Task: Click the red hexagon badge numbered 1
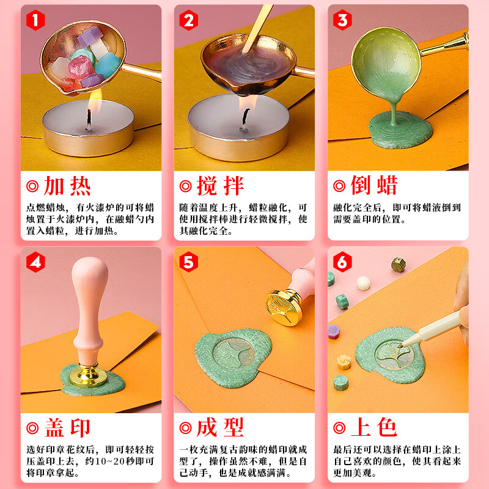click(x=35, y=20)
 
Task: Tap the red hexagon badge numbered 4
click(x=35, y=262)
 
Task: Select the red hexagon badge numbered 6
click(x=342, y=262)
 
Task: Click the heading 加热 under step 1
click(x=67, y=186)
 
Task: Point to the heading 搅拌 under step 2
click(x=220, y=186)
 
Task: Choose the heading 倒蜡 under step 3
click(x=374, y=185)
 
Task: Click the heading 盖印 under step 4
click(x=67, y=428)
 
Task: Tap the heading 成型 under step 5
click(x=220, y=427)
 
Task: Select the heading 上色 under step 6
click(x=374, y=427)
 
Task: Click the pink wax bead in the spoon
click(x=81, y=67)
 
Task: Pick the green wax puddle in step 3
click(x=400, y=130)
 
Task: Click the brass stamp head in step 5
click(x=284, y=307)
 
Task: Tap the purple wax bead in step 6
click(x=333, y=331)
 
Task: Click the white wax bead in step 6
click(x=364, y=283)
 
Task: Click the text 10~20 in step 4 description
click(x=99, y=461)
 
